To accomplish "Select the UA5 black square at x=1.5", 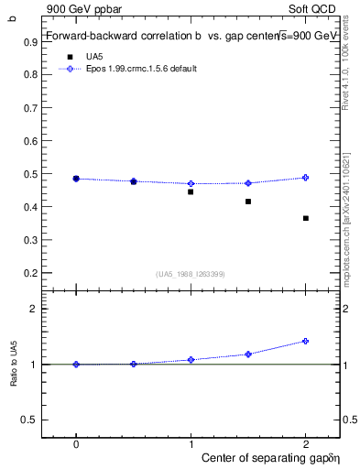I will tap(248, 202).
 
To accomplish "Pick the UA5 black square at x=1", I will tap(191, 191).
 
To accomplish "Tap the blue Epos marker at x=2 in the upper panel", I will tap(306, 178).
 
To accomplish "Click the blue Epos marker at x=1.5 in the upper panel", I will tap(248, 183).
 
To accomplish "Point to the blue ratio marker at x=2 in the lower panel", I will tap(306, 341).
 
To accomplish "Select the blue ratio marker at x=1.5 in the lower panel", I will tap(248, 354).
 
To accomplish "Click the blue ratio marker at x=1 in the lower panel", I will tap(191, 360).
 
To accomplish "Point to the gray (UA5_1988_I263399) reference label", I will tap(190, 274).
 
